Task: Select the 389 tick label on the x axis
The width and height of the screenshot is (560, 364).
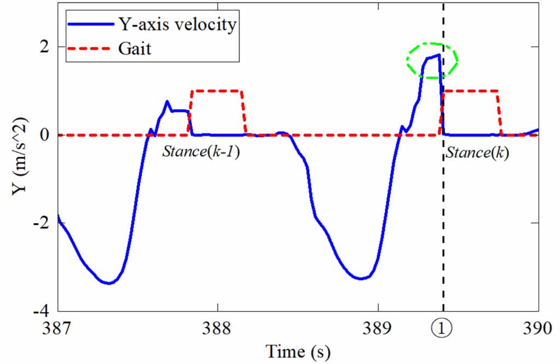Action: pyautogui.click(x=378, y=328)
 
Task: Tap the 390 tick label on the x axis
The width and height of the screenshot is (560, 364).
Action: pyautogui.click(x=539, y=328)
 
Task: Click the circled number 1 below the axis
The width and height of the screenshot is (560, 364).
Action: pyautogui.click(x=443, y=329)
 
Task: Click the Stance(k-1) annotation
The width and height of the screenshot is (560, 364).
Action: pyautogui.click(x=201, y=152)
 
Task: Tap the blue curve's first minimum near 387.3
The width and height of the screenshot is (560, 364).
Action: pyautogui.click(x=109, y=283)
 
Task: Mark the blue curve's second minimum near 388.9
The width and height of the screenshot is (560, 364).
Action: pyautogui.click(x=361, y=279)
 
